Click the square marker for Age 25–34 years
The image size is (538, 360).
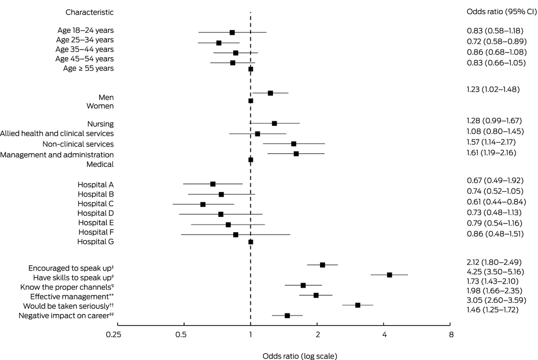[x=219, y=43]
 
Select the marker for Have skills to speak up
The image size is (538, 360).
[x=389, y=275]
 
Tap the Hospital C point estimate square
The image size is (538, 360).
[x=203, y=204]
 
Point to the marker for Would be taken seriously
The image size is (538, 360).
[x=357, y=305]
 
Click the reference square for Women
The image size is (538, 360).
[x=251, y=101]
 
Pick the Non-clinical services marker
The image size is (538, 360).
[x=294, y=144]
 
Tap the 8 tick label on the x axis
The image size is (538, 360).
[x=451, y=334]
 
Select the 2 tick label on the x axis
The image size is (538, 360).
[x=318, y=334]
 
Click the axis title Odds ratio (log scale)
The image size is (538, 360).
[x=300, y=355]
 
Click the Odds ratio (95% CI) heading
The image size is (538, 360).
[x=501, y=12]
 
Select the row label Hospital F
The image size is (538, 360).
[x=96, y=232]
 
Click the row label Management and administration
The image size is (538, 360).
[x=57, y=154]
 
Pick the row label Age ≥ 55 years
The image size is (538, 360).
[x=85, y=68]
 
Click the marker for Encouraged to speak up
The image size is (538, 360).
[x=323, y=265]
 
